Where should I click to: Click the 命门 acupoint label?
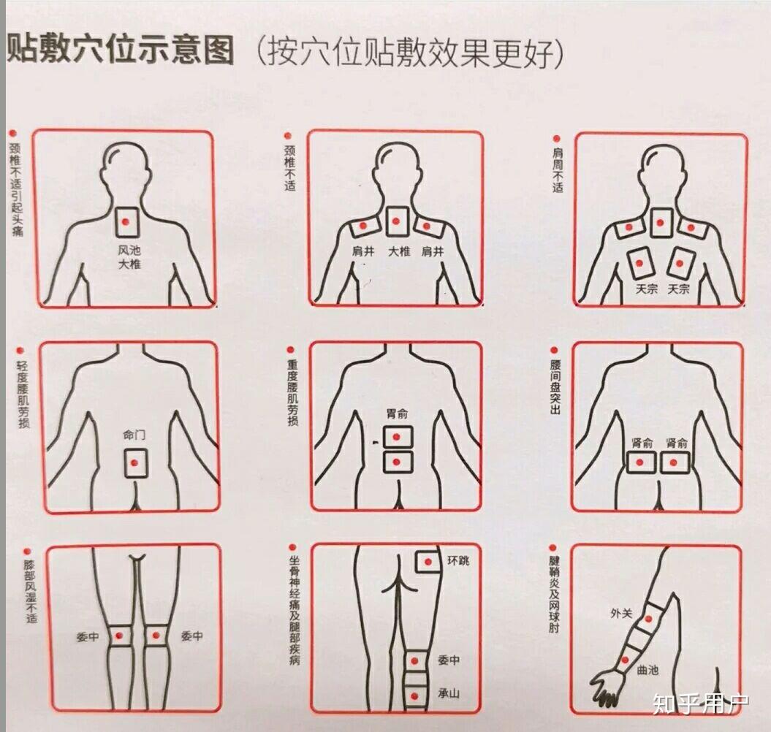click(134, 435)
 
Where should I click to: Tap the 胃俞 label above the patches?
click(397, 413)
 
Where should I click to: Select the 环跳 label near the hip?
click(458, 560)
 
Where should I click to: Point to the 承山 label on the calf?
click(449, 693)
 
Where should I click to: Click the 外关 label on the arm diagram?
click(621, 614)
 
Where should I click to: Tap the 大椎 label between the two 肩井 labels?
click(399, 252)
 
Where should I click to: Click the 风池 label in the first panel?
click(129, 251)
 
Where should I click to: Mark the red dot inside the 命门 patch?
click(133, 462)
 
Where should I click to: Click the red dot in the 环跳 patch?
click(428, 562)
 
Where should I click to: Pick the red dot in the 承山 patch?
click(415, 696)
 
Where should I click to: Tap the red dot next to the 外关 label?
click(648, 619)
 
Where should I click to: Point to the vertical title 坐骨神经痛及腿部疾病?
click(294, 610)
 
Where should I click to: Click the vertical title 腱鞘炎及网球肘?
click(554, 595)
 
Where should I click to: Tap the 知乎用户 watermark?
click(701, 704)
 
